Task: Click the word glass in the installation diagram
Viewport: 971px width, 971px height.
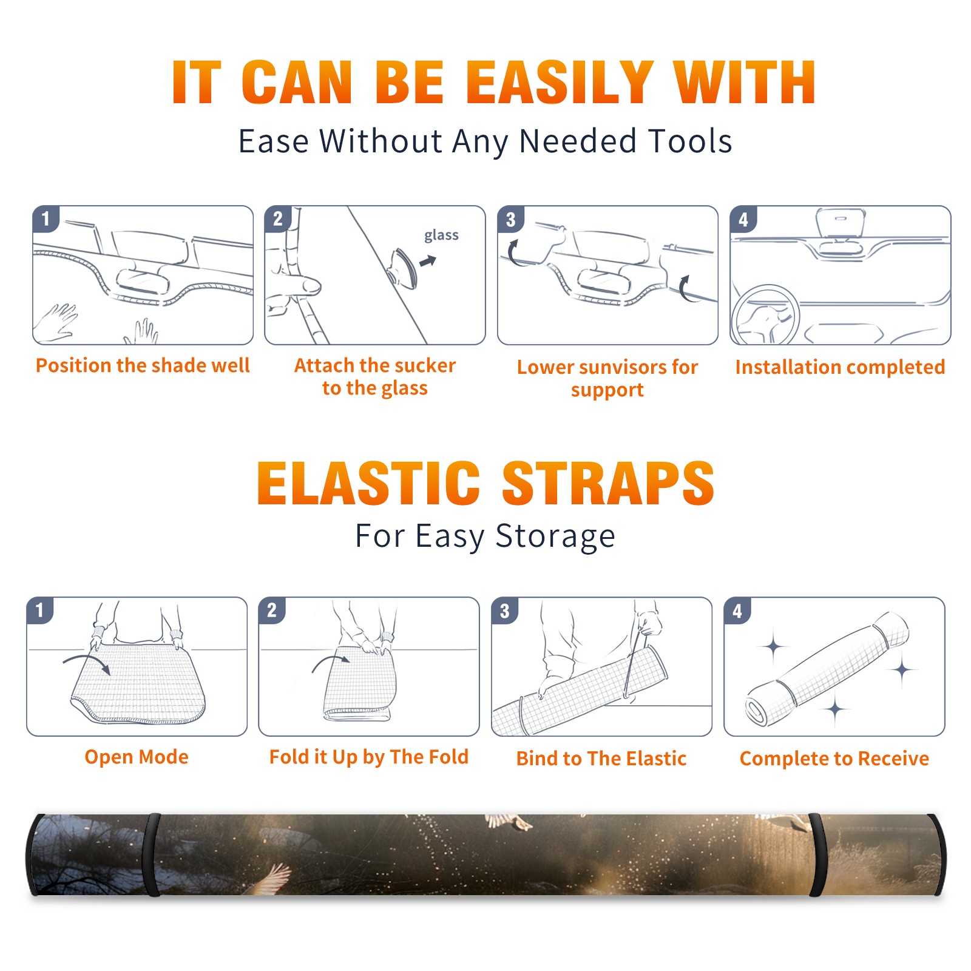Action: click(441, 235)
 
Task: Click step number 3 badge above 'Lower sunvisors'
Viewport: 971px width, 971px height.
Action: click(510, 219)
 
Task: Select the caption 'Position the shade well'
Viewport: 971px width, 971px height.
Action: click(143, 365)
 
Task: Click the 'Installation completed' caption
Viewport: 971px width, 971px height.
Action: click(840, 367)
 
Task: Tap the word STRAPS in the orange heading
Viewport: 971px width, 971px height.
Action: click(608, 483)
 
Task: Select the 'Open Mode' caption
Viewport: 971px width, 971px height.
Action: click(137, 757)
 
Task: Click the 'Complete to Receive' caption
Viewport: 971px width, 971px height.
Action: click(834, 759)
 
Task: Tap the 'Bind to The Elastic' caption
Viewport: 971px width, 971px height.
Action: click(601, 759)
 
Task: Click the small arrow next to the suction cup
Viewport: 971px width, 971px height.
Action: click(428, 261)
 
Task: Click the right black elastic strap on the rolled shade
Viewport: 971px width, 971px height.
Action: click(817, 854)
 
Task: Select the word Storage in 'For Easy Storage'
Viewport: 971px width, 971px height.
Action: click(555, 536)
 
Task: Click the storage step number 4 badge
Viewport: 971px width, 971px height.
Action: click(737, 611)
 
